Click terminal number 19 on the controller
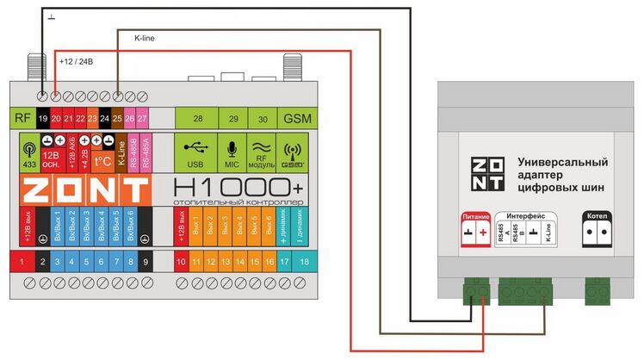[43, 117]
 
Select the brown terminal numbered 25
[117, 117]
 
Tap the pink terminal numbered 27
[142, 117]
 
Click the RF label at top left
[22, 117]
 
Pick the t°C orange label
[103, 159]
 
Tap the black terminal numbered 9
[145, 260]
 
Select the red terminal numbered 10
[182, 260]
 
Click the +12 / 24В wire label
[77, 62]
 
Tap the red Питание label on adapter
[475, 217]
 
